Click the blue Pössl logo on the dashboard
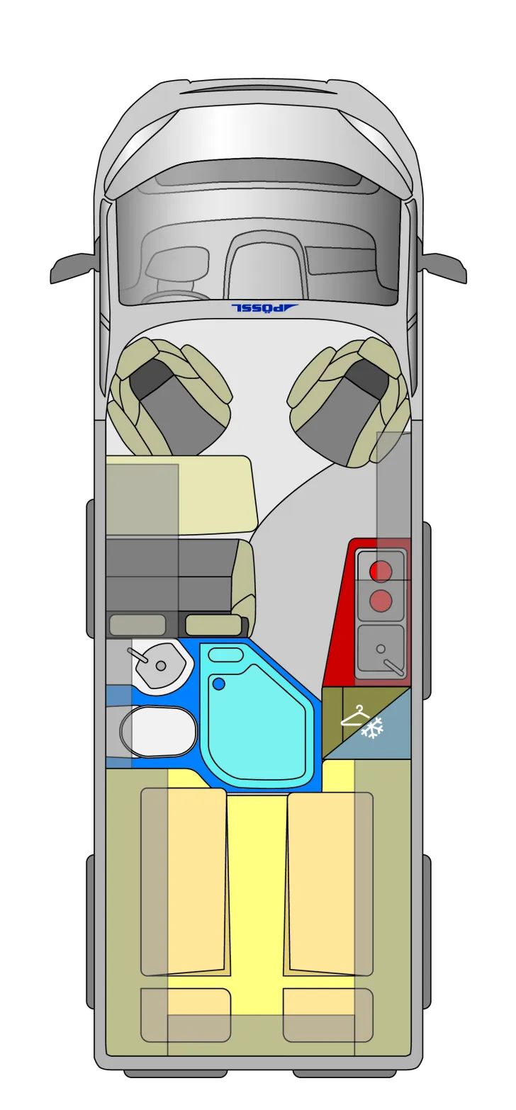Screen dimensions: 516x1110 click(x=264, y=307)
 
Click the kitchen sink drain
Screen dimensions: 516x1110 click(x=381, y=649)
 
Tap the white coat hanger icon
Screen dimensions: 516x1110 click(x=355, y=716)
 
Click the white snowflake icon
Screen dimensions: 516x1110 click(x=373, y=728)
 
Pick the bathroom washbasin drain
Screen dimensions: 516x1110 click(x=161, y=666)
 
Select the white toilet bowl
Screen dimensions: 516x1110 click(x=158, y=731)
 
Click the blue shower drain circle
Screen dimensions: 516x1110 click(x=218, y=684)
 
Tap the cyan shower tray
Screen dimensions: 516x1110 click(x=257, y=717)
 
